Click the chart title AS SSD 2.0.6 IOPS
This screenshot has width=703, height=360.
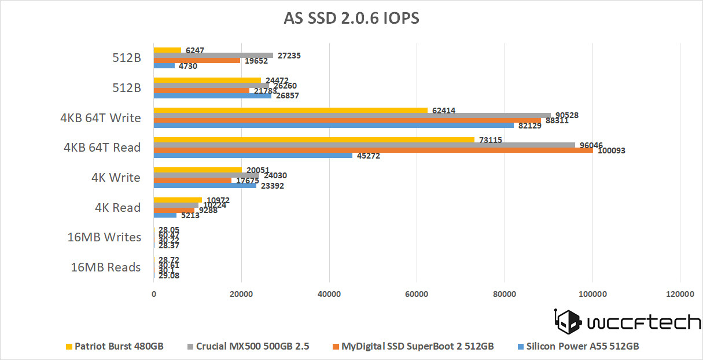[351, 19]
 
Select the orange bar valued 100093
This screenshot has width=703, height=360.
[373, 149]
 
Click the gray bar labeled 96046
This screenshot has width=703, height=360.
[365, 145]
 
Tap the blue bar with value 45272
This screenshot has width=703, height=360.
[253, 155]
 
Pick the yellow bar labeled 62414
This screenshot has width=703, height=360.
[290, 111]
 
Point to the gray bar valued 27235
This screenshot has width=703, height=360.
[213, 56]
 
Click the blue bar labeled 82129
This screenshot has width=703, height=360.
[333, 125]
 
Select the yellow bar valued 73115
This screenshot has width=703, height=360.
[314, 140]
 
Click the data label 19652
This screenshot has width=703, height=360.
[255, 60]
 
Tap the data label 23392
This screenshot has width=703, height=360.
[272, 186]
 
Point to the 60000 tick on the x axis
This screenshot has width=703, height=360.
[417, 294]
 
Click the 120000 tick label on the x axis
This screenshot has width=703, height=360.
[680, 294]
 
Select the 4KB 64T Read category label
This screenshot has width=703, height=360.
[102, 148]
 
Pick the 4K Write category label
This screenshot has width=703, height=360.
[116, 177]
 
